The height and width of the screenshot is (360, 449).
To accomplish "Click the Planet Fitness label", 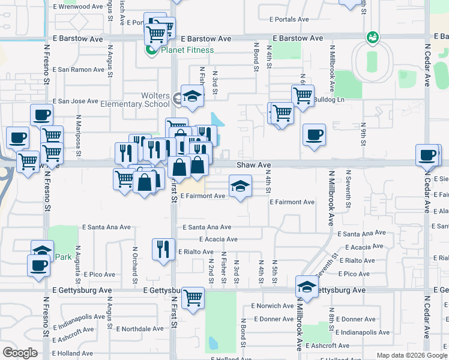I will coord(187,50).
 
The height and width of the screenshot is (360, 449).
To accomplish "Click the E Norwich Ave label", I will coord(273,306).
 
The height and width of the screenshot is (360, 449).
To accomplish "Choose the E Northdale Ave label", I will coord(139,329).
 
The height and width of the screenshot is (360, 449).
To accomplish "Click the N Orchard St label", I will coord(134,266).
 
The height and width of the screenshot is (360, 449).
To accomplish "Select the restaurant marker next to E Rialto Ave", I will coord(163,248).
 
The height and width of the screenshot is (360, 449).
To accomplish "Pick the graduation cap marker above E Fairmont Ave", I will coord(240,185).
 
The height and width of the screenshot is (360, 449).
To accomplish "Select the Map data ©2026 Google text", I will coord(412,355).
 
